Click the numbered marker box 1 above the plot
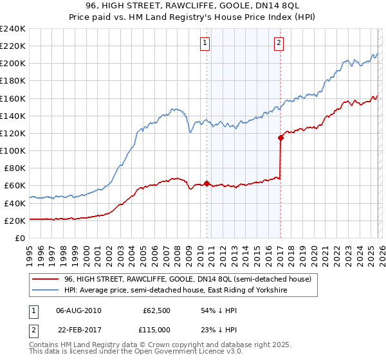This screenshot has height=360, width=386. point(205,43)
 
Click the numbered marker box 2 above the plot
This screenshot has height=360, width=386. point(279,43)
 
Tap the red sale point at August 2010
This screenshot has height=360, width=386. point(207,183)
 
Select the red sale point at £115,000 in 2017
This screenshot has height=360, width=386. point(280,137)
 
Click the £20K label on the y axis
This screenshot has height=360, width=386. point(15,221)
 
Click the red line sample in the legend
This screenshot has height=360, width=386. point(46,279)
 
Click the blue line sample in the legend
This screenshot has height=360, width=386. point(46,291)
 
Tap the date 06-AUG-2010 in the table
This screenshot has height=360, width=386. point(78,310)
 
